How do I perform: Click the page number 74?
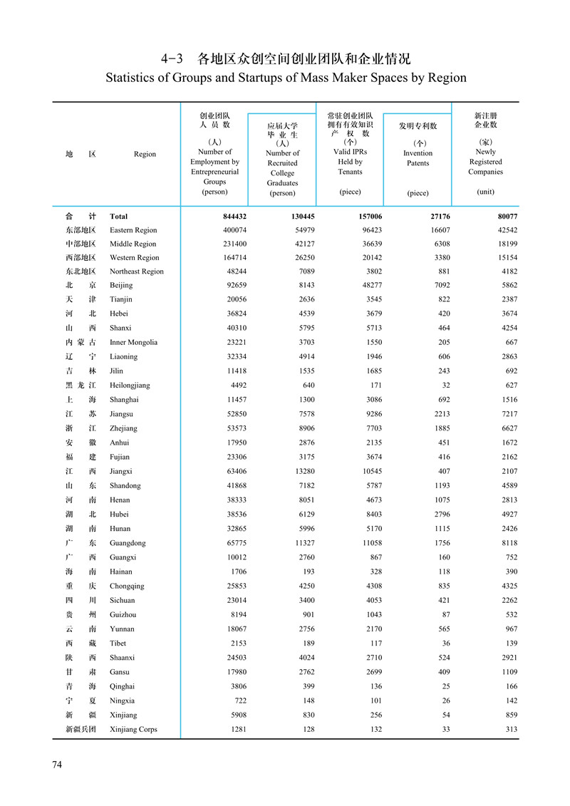click(x=58, y=765)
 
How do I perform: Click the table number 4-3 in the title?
click(x=174, y=58)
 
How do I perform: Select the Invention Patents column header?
click(x=418, y=158)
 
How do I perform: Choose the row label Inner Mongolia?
click(x=133, y=342)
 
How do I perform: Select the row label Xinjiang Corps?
click(x=133, y=729)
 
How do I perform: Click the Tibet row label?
click(x=119, y=644)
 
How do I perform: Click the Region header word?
click(x=145, y=154)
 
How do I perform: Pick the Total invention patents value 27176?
click(x=437, y=216)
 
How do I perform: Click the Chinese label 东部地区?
click(x=78, y=230)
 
